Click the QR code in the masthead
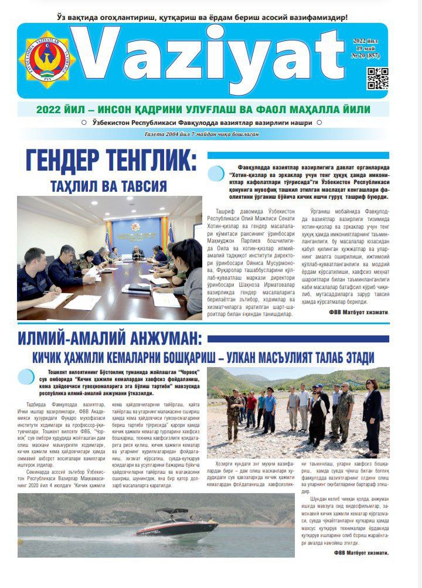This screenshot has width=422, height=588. point(377,78)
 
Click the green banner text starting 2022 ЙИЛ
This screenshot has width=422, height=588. point(203,110)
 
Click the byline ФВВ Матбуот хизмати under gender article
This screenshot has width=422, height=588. point(359,312)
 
